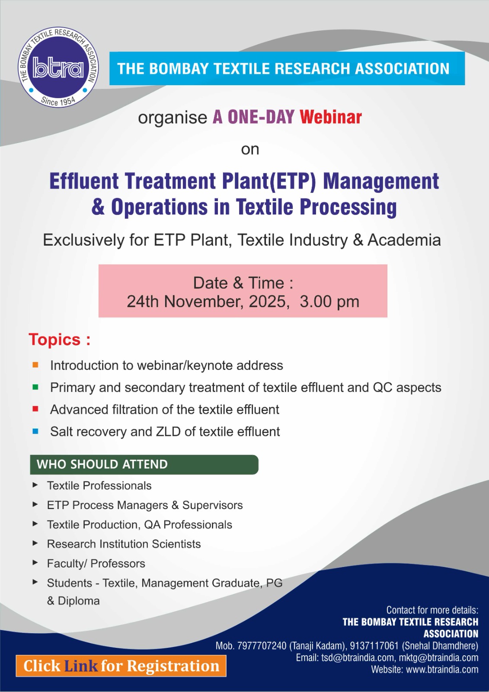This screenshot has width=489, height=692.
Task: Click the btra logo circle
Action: (58, 67)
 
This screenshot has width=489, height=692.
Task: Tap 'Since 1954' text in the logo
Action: (58, 101)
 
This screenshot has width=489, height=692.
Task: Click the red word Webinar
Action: (330, 117)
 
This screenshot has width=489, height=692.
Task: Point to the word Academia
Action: (404, 240)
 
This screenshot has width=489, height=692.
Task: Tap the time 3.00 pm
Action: (329, 301)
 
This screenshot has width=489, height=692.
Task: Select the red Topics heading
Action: (59, 340)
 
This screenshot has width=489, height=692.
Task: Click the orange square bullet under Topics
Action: (35, 365)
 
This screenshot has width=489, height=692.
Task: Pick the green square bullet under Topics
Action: (35, 387)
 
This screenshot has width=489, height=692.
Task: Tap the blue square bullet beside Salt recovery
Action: (35, 431)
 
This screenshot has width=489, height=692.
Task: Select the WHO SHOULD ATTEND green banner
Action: (144, 465)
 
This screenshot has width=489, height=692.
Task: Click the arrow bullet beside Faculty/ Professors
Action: (35, 563)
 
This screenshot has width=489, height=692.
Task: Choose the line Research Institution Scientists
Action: (124, 544)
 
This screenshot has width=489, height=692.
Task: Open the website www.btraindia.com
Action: (442, 670)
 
